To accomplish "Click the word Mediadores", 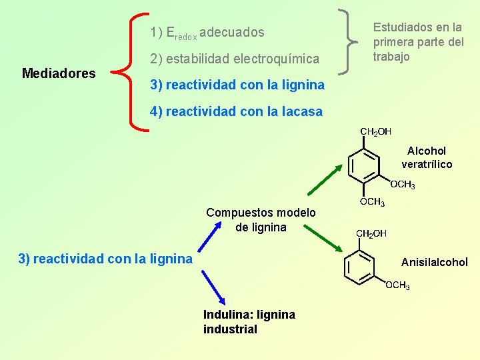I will point(59,73).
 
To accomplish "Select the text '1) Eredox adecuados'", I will point(207,32).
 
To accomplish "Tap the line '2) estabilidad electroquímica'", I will point(235,59).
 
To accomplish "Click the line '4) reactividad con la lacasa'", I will point(236,111).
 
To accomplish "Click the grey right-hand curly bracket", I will point(347,41).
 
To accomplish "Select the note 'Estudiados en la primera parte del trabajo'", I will point(418,42).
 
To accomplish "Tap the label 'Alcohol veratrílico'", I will point(427,157).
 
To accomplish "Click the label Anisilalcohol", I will point(435,262).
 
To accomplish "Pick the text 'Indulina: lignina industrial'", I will point(249,321).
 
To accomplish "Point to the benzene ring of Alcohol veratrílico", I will point(364,165).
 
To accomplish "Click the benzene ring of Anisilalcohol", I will point(361,267).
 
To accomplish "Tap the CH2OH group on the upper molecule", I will point(375,131).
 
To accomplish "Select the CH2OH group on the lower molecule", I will point(371,233).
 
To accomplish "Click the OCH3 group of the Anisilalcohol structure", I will point(398,285).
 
